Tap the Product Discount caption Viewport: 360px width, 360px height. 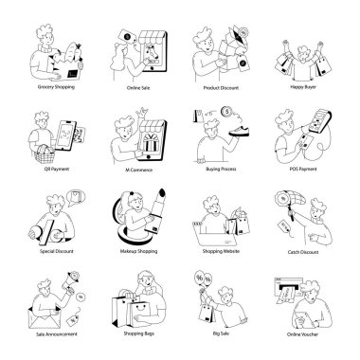220,87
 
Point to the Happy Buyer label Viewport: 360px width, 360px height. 300,87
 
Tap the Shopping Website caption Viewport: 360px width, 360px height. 220,254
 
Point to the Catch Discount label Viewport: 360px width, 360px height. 300,254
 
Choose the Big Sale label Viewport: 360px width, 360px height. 220,334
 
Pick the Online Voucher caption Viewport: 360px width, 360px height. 300,334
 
